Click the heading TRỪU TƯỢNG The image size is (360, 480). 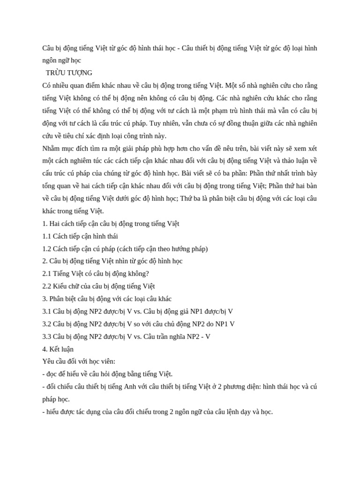click(69, 73)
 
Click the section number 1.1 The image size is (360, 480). click(47, 236)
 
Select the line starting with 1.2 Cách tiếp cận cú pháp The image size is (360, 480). click(125, 249)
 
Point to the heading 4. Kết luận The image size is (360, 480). click(58, 349)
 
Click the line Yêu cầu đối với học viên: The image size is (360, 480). click(79, 361)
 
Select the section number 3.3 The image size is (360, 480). click(47, 337)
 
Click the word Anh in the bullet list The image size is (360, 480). click(129, 387)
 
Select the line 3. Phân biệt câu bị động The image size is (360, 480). click(107, 299)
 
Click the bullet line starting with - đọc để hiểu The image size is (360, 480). click(107, 374)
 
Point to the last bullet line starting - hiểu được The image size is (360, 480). click(157, 412)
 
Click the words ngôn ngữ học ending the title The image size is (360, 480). click(61, 60)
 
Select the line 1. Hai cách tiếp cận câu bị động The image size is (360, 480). click(111, 224)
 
